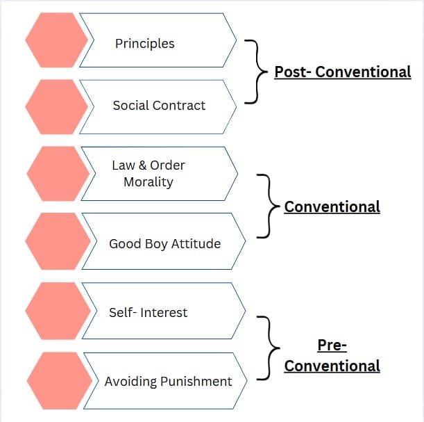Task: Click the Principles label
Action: point(144,43)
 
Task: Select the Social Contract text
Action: point(159,106)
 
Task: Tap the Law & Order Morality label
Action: point(148,174)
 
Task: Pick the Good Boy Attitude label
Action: point(164,244)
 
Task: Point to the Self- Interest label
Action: point(148,313)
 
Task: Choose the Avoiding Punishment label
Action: point(168,382)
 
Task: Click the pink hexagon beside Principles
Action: point(56,40)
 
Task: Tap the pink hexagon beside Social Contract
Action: point(56,106)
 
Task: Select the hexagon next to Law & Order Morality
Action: point(58,174)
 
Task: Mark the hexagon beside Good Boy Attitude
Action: point(58,241)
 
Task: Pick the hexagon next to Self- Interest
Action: point(58,311)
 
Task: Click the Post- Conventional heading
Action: point(342,72)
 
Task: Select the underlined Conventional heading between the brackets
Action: point(332,206)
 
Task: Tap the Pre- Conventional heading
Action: point(332,355)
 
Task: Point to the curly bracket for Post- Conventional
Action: point(254,71)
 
